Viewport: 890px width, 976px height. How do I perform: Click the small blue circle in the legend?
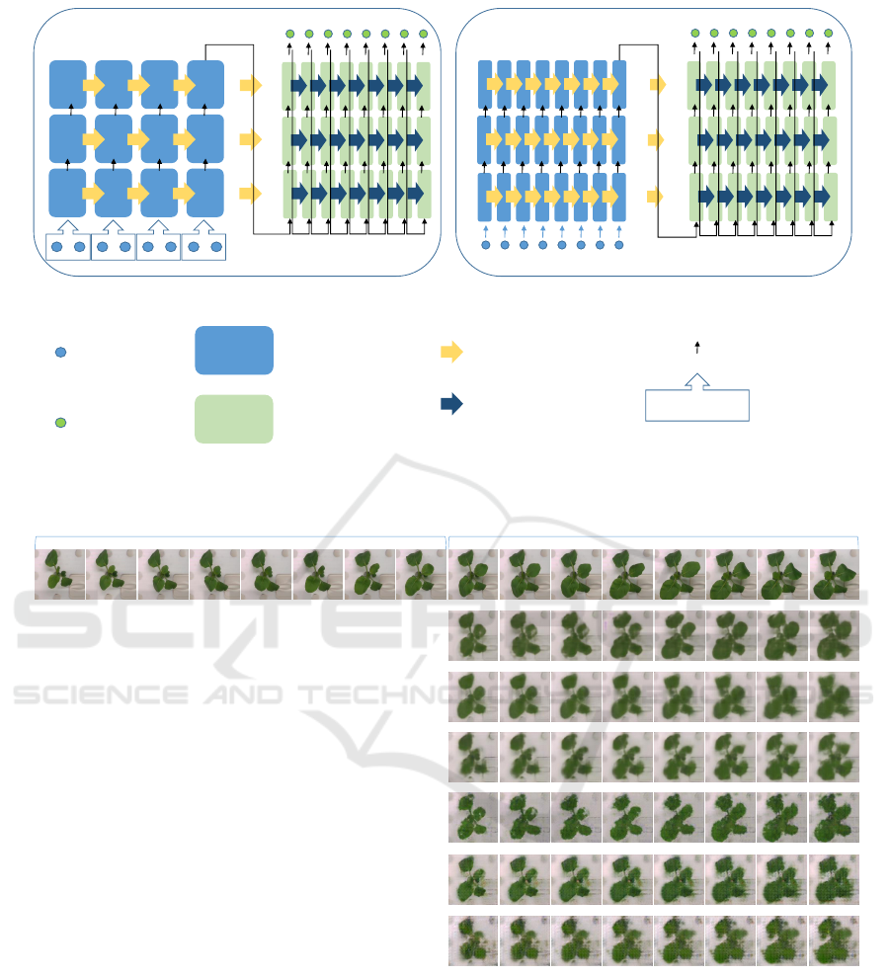coord(59,353)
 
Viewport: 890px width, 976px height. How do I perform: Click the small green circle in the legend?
coord(59,423)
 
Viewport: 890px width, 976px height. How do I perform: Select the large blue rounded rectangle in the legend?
coord(234,351)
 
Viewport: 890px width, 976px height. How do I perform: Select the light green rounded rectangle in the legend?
coord(234,419)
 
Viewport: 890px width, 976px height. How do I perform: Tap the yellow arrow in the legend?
coord(451,353)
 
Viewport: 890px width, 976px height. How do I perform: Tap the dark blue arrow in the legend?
coord(451,405)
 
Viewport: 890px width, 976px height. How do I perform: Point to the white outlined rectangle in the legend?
coord(697,406)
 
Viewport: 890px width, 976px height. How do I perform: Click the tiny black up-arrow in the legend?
coord(697,346)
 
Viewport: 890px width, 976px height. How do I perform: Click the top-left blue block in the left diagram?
coord(67,84)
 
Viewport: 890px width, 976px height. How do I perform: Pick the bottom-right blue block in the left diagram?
coord(206,193)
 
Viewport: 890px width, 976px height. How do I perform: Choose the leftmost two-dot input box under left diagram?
coord(67,247)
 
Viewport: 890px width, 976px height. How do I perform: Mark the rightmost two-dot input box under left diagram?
coord(204,247)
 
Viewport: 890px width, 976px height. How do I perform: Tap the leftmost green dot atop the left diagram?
coord(289,35)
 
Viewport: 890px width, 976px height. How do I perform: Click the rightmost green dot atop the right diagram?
coord(828,33)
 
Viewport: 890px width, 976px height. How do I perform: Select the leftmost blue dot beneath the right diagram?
coord(485,244)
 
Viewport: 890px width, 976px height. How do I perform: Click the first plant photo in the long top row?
coord(60,574)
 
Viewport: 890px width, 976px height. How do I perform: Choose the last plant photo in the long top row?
coord(834,574)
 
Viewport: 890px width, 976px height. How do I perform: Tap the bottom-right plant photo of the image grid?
coord(834,940)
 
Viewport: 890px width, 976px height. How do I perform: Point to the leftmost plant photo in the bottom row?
coord(473,940)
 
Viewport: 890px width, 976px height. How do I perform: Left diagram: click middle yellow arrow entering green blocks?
coord(251,139)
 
